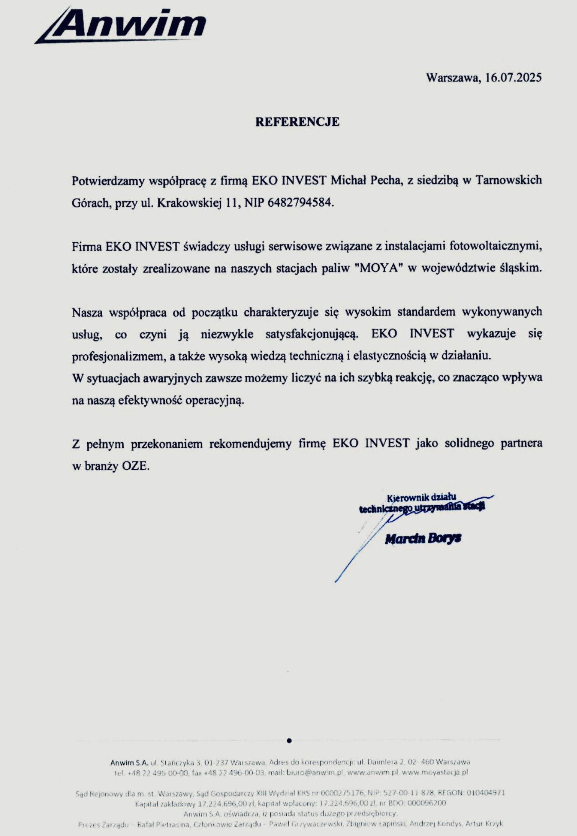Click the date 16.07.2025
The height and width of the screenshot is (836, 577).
(513, 78)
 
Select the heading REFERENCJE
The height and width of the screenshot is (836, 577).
(297, 122)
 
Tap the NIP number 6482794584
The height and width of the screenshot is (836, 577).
(300, 202)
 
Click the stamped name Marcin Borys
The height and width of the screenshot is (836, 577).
(423, 539)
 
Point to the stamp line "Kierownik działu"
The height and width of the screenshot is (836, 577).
(422, 498)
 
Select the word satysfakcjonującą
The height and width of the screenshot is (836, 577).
(312, 334)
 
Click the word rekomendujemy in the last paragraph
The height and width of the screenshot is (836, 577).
(253, 443)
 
